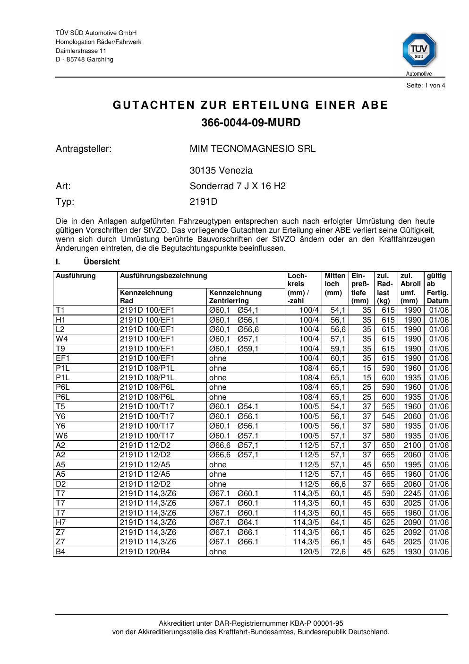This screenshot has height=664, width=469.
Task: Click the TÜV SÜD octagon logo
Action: pos(419,50)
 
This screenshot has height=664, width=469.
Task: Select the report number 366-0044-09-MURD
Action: pos(251,122)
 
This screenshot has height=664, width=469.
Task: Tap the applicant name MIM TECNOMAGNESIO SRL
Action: pos(253,149)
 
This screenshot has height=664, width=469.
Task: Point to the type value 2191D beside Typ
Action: pos(204,202)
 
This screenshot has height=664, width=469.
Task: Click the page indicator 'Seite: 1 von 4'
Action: pos(426,86)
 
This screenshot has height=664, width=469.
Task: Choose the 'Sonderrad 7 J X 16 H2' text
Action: pos(238,186)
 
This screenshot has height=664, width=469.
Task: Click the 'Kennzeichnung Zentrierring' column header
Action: pos(235,297)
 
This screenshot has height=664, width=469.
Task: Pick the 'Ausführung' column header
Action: pos(76,276)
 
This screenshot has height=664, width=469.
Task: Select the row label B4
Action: pos(60,551)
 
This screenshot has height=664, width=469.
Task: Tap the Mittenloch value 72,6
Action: pos(338,551)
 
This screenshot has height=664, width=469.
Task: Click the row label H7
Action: pos(60,522)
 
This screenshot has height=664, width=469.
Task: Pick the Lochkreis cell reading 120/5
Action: pos(309,551)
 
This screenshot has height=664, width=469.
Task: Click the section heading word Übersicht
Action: pos(102,262)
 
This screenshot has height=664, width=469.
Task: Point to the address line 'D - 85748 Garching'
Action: pos(85,60)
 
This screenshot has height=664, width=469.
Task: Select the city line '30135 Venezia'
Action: pos(221,170)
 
